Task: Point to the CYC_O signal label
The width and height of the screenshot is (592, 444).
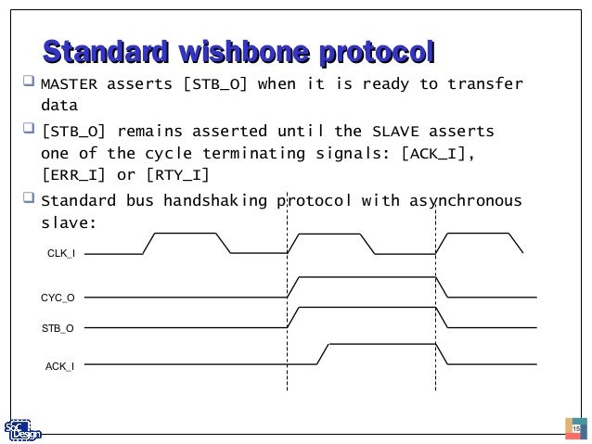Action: [x=58, y=298]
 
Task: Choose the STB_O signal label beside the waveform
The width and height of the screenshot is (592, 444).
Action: [x=59, y=327]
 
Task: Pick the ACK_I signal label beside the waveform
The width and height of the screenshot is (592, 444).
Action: [x=60, y=367]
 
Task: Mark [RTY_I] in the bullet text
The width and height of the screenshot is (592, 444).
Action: [x=176, y=174]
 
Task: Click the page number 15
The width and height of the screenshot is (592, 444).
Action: [x=575, y=430]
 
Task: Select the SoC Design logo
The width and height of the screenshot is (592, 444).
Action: [x=21, y=428]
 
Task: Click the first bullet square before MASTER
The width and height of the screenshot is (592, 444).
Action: [x=27, y=85]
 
